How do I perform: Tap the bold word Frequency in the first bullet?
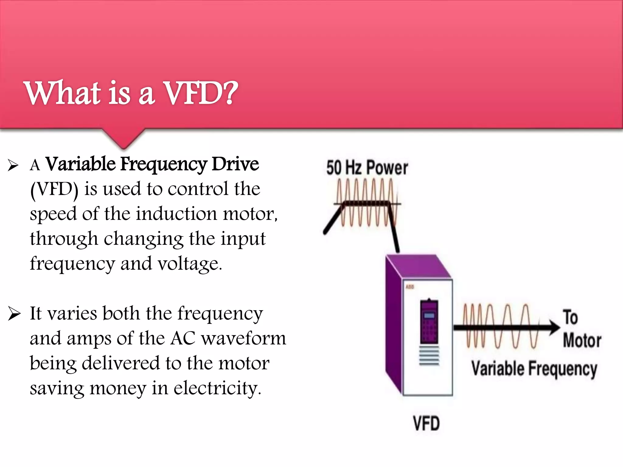click(164, 164)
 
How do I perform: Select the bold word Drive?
click(235, 164)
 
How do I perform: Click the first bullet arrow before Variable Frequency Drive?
click(13, 165)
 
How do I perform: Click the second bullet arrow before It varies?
click(14, 314)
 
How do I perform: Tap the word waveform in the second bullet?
click(244, 338)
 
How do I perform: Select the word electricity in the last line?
click(217, 388)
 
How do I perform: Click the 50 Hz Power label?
click(367, 168)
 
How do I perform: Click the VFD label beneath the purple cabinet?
click(426, 423)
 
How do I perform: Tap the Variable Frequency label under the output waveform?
click(534, 368)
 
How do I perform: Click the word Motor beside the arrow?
click(582, 340)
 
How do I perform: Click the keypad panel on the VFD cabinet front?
click(429, 322)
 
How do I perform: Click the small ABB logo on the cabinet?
click(410, 287)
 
